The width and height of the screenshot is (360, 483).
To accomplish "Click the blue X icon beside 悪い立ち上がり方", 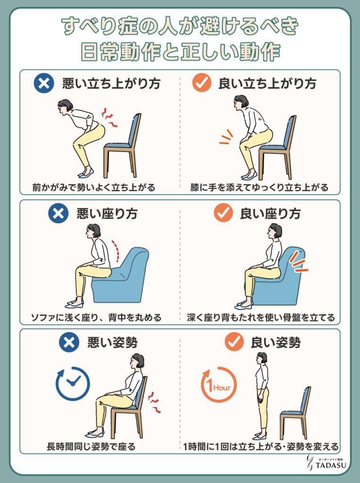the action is [44, 83].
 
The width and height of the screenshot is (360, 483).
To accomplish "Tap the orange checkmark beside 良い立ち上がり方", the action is [201, 83].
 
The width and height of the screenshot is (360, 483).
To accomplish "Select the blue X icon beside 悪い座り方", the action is [58, 213].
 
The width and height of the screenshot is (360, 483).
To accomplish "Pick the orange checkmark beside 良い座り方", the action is [223, 212].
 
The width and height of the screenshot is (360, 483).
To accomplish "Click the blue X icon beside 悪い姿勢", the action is [69, 342].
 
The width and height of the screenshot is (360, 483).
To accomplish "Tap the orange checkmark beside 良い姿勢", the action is [234, 341].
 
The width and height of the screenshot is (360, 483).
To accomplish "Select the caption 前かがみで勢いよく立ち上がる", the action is [94, 187].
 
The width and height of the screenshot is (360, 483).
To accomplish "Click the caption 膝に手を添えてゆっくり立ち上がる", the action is [259, 187].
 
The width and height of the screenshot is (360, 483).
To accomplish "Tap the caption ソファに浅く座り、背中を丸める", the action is [96, 317].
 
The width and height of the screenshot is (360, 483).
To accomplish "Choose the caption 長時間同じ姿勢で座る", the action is [91, 446].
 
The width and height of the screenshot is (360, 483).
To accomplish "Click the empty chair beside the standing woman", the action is [295, 413].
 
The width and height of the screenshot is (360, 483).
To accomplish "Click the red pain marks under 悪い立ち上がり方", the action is [110, 117].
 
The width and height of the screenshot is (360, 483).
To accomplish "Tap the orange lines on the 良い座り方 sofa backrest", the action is [298, 262].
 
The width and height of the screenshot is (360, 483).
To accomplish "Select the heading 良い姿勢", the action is [276, 342].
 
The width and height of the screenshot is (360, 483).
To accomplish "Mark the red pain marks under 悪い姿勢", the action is [154, 402].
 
